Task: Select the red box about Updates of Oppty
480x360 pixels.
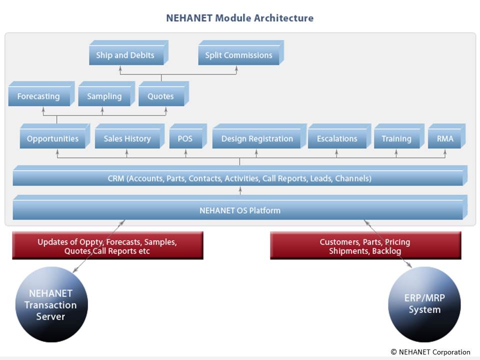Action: [108, 245]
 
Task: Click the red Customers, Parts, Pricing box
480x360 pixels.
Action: [365, 245]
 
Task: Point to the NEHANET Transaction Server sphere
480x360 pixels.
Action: [51, 304]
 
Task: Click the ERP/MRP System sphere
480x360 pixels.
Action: [424, 304]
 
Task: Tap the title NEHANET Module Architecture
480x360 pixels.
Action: [239, 18]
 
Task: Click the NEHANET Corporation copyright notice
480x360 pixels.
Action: [430, 352]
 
